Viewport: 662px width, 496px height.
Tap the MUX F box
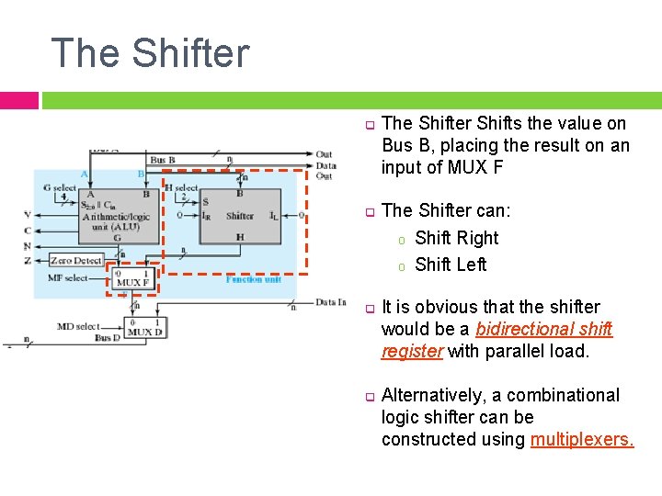pyautogui.click(x=132, y=277)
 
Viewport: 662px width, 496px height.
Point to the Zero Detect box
pyautogui.click(x=75, y=261)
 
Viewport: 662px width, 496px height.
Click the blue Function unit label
pyautogui.click(x=253, y=279)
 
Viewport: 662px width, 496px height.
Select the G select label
pyautogui.click(x=60, y=187)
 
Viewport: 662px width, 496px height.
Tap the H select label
pyautogui.click(x=181, y=187)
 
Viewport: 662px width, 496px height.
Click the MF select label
pyautogui.click(x=69, y=277)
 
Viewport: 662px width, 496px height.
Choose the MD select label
pyautogui.click(x=77, y=326)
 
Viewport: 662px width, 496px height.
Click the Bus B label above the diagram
pyautogui.click(x=163, y=160)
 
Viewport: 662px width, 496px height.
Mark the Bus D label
pyautogui.click(x=107, y=338)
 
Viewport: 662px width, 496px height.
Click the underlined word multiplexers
pyautogui.click(x=582, y=439)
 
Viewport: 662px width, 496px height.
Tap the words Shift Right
pyautogui.click(x=457, y=238)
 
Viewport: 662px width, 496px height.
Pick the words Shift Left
pyautogui.click(x=451, y=265)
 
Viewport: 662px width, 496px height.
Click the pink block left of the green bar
pyautogui.click(x=18, y=100)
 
